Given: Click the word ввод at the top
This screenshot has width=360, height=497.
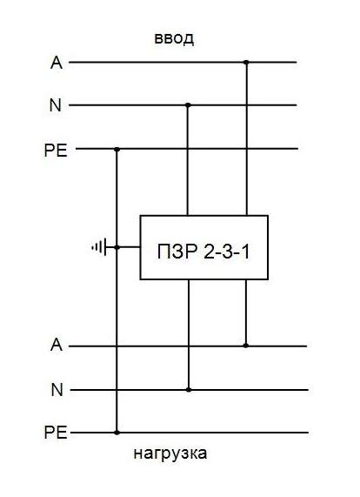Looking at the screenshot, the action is (174, 38).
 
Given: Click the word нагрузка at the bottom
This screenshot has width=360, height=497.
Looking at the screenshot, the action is (170, 453).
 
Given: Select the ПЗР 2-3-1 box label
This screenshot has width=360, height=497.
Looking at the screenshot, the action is (203, 252).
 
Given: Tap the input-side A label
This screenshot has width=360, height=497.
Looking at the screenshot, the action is (57, 63).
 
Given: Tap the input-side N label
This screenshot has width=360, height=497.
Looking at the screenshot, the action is (56, 105).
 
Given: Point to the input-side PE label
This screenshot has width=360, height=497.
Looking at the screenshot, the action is (56, 151).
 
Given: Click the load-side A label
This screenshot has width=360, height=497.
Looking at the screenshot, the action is (57, 344).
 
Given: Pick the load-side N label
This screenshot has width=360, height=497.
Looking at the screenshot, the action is (57, 390).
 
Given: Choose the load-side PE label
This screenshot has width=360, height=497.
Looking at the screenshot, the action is (56, 433).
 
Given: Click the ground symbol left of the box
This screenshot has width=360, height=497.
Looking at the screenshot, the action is (99, 247).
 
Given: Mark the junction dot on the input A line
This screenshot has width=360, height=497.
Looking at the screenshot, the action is (246, 63).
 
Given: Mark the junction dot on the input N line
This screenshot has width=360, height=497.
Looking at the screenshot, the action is (188, 105).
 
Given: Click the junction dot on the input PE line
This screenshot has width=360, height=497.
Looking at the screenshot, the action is (117, 149).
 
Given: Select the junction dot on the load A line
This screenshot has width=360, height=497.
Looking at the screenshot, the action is (246, 346).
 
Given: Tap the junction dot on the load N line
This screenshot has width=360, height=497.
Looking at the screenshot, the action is (189, 390).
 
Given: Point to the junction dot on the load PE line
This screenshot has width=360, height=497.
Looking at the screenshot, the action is (117, 433).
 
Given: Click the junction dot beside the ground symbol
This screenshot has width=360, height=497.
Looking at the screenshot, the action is (117, 247).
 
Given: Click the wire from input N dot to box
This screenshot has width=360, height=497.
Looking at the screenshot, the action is (188, 160).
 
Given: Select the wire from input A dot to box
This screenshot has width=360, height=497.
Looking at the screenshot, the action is (246, 139).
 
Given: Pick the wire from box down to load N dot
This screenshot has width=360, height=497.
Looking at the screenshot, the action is (189, 334).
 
